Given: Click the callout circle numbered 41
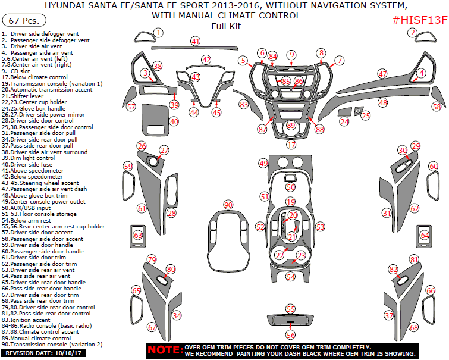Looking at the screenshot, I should pyautogui.click(x=196, y=41).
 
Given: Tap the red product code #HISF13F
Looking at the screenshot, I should pyautogui.click(x=419, y=20).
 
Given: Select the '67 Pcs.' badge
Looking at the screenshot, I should pyautogui.click(x=24, y=20).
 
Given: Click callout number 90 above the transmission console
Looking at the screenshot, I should pyautogui.click(x=228, y=205).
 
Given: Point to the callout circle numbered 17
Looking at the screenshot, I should pyautogui.click(x=291, y=145).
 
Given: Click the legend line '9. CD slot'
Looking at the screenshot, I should pyautogui.click(x=20, y=71).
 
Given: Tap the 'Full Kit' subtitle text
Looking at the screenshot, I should pyautogui.click(x=224, y=26).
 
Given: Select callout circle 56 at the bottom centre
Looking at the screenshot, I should pyautogui.click(x=291, y=335).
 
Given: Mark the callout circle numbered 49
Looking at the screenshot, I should pyautogui.click(x=263, y=162).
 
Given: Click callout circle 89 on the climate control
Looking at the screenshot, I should pyautogui.click(x=291, y=125).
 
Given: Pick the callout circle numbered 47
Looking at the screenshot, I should pyautogui.click(x=382, y=74).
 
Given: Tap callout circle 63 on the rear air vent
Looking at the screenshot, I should pyautogui.click(x=138, y=236).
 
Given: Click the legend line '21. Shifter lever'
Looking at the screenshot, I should pyautogui.click(x=26, y=95).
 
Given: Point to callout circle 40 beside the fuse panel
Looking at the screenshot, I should pyautogui.click(x=174, y=121).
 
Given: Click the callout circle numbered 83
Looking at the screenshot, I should pyautogui.click(x=243, y=104).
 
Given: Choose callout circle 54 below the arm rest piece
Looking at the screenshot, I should pyautogui.click(x=290, y=277).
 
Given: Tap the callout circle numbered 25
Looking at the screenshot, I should pyautogui.click(x=366, y=115).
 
